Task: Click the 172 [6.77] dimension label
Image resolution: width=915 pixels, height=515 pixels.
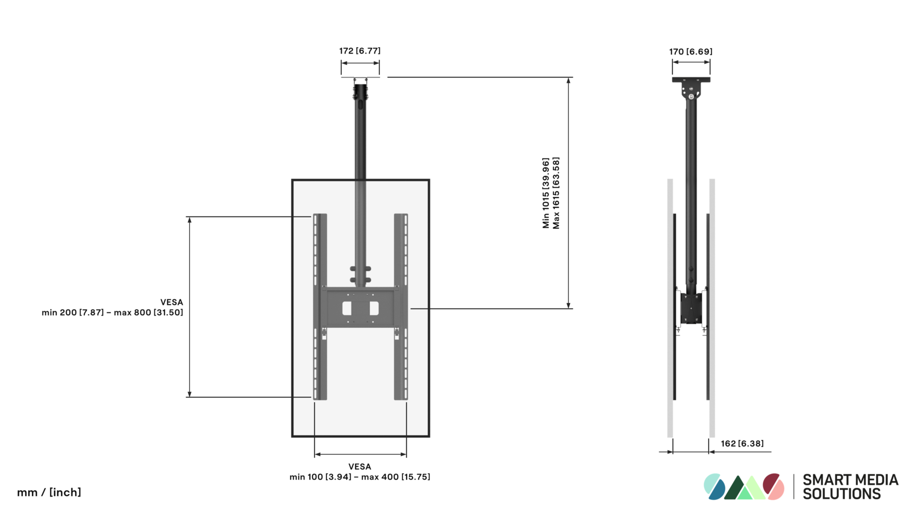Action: tap(360, 51)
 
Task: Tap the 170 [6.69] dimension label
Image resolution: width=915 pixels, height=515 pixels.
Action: tap(691, 51)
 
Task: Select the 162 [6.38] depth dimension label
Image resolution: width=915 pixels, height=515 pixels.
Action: tap(742, 443)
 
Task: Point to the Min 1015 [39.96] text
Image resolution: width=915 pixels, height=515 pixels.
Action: tap(546, 193)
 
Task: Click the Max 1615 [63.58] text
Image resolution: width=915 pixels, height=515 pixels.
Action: tap(556, 193)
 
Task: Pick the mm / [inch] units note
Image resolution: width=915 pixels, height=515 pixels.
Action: tap(49, 492)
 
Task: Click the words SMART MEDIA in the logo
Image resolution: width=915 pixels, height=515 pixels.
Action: tap(850, 480)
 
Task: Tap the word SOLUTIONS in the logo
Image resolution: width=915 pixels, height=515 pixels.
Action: tap(842, 494)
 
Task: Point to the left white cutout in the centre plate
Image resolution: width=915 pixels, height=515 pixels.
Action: tap(347, 309)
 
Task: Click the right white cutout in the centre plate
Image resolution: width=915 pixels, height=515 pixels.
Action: tap(374, 309)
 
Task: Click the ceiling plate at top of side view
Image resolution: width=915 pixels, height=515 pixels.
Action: tap(691, 80)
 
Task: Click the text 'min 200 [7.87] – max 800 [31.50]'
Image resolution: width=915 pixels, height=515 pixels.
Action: tap(112, 313)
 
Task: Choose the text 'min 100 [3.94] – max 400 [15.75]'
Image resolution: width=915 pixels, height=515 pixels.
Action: tap(360, 477)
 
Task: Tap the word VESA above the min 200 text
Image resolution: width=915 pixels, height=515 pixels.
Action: tap(172, 302)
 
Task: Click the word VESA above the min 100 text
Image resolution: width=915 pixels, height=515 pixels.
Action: tap(360, 467)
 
